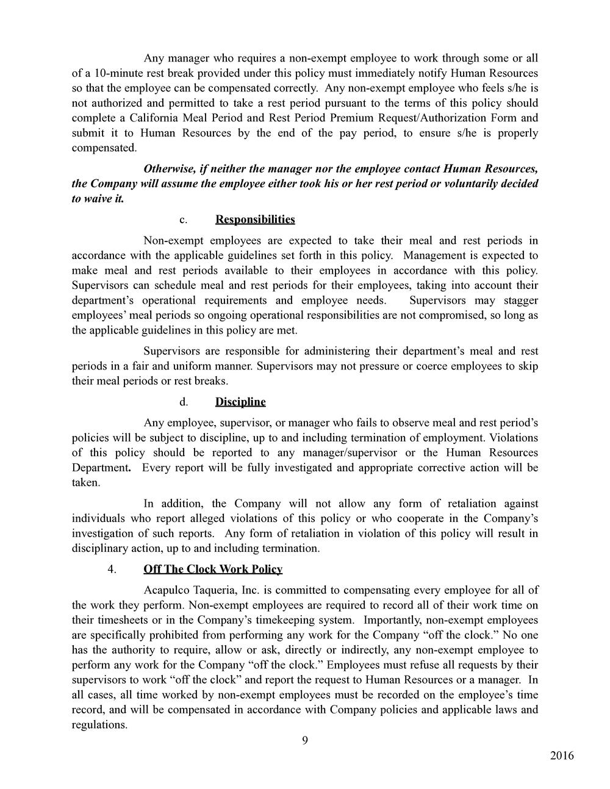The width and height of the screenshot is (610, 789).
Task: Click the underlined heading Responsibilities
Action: [x=255, y=220]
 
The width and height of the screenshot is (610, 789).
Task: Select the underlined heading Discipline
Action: [x=240, y=402]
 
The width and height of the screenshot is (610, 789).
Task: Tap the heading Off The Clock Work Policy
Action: [x=213, y=569]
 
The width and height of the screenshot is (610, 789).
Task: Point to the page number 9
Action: [x=305, y=741]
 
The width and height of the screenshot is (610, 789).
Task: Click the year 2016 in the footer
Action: [x=562, y=756]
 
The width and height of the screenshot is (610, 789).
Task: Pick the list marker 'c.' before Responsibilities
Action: [x=182, y=220]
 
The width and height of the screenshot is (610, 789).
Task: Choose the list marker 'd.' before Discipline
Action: [x=182, y=402]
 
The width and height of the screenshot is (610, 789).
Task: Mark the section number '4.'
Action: [x=112, y=569]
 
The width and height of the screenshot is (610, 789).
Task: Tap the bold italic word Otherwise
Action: [x=168, y=168]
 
